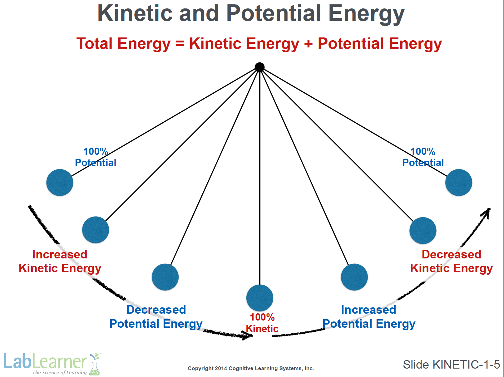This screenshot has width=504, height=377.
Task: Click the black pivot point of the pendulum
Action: click(259, 67)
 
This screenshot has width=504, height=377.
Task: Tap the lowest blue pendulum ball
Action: click(260, 298)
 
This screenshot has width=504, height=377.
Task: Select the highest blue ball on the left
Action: click(60, 183)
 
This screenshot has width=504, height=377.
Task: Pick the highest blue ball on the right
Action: click(458, 183)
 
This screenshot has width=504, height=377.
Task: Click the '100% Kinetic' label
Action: click(262, 323)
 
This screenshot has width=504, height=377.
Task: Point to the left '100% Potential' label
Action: click(96, 157)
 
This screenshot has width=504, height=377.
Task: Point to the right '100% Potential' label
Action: click(423, 157)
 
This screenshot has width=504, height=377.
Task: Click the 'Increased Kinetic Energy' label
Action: click(60, 262)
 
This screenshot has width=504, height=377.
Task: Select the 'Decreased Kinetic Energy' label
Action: click(452, 262)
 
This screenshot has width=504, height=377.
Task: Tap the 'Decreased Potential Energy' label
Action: click(156, 317)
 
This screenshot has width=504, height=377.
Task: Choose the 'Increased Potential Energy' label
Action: click(369, 317)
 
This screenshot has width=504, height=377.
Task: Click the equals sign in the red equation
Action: click(180, 44)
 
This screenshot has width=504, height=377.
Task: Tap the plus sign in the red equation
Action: click(309, 44)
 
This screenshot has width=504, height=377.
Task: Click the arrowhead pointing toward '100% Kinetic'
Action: click(248, 335)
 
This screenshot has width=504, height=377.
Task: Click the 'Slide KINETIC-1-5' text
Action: click(452, 365)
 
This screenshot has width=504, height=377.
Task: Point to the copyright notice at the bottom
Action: click(251, 368)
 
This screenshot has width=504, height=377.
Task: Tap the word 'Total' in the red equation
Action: click(94, 43)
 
